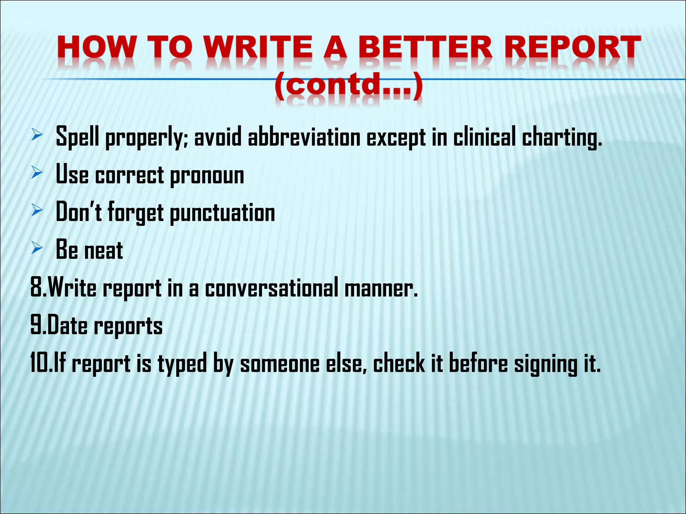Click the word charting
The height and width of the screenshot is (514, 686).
(562, 138)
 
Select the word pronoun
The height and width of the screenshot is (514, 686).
(207, 176)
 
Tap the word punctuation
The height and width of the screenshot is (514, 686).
(222, 213)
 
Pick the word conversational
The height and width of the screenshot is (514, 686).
(272, 288)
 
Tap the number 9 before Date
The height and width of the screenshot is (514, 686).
(36, 326)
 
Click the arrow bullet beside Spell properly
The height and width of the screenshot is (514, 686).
(37, 136)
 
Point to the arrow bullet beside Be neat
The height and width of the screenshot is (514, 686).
(37, 248)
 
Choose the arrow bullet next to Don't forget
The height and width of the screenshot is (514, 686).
(37, 210)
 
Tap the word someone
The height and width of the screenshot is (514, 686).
(280, 364)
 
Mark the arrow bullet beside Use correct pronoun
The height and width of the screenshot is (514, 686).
(37, 173)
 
